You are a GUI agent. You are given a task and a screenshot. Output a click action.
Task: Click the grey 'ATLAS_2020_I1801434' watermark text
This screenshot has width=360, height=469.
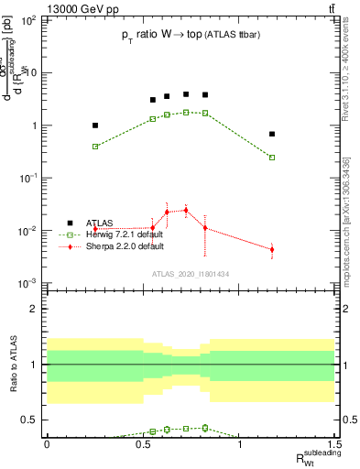191,274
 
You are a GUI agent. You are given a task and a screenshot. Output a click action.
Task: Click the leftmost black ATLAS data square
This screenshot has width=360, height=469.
95,125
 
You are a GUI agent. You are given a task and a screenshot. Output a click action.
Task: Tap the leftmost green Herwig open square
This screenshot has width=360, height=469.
95,147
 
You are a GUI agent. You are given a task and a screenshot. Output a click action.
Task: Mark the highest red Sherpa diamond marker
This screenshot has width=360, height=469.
186,210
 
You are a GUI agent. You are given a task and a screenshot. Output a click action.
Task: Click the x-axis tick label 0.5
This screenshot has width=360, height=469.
142,443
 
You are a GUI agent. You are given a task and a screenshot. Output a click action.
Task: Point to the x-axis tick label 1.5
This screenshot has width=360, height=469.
335,443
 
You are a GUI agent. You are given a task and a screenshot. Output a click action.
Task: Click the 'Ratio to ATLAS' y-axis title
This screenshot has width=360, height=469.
13,364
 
